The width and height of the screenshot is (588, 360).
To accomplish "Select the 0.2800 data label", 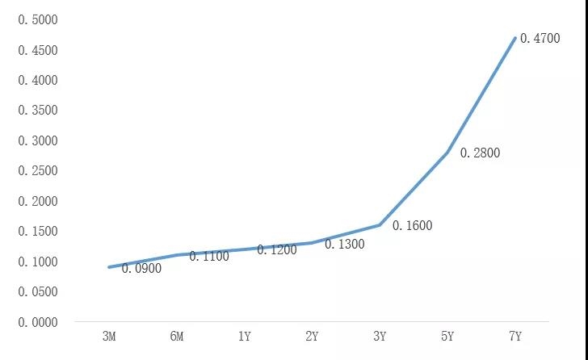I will tap(480, 153).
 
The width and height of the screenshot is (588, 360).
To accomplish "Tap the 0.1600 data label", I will tap(412, 226).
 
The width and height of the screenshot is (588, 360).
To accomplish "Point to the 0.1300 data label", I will tap(345, 243).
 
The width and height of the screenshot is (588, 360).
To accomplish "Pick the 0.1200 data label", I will tap(277, 249).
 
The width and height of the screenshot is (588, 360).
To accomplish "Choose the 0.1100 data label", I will tap(209, 256).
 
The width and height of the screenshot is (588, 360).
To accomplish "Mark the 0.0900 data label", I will tap(141, 268).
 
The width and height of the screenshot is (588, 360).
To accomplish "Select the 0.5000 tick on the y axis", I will tap(38, 19).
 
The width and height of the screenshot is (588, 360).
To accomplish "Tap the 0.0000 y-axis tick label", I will tap(38, 322).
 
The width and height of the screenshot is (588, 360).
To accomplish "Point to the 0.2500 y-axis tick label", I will tap(38, 171).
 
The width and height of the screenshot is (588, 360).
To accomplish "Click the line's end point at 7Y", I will tap(515, 37).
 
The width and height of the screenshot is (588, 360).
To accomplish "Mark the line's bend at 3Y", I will tap(380, 225).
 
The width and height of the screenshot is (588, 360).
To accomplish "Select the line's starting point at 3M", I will tap(109, 267).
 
